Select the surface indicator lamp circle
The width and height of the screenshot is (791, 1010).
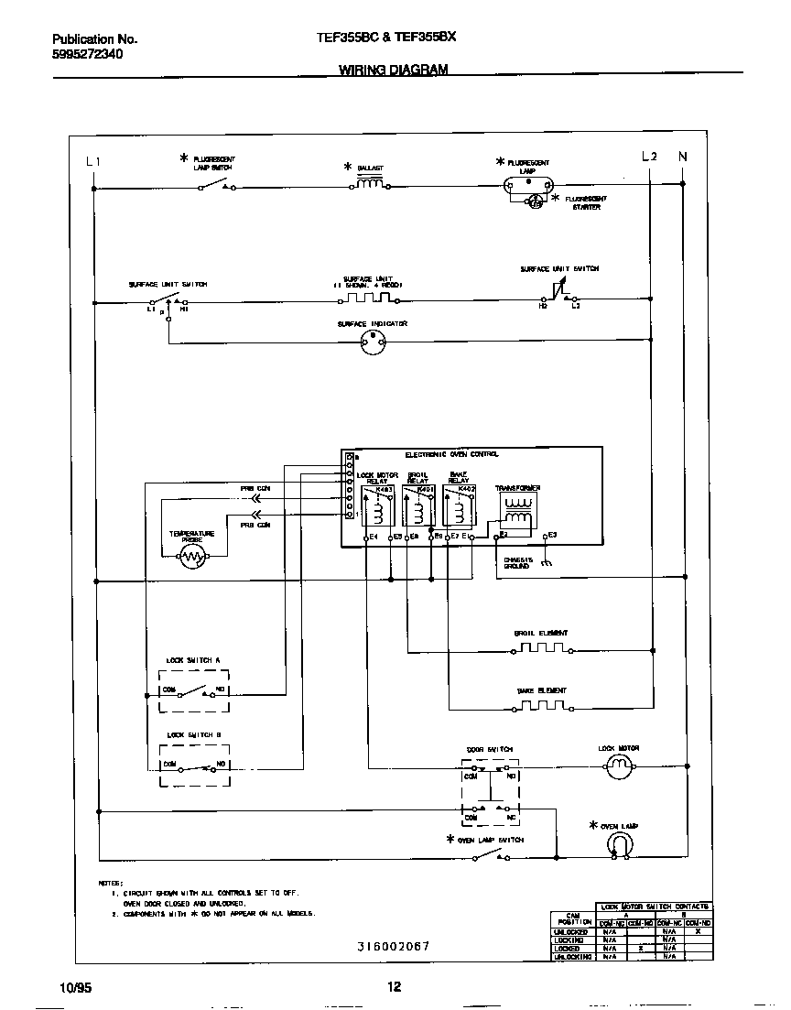tap(372, 342)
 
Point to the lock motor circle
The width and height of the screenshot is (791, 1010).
tap(620, 769)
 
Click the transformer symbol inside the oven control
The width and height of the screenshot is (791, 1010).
tap(518, 515)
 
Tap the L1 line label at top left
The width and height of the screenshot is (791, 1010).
tap(92, 162)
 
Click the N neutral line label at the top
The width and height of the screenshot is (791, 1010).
tap(682, 157)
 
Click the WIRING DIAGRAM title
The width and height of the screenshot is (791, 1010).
tap(394, 70)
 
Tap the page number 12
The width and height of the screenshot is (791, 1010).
tap(394, 987)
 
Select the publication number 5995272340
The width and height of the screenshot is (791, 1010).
tap(87, 54)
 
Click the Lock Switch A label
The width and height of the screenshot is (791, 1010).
tap(193, 660)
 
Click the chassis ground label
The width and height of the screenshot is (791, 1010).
tap(516, 563)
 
